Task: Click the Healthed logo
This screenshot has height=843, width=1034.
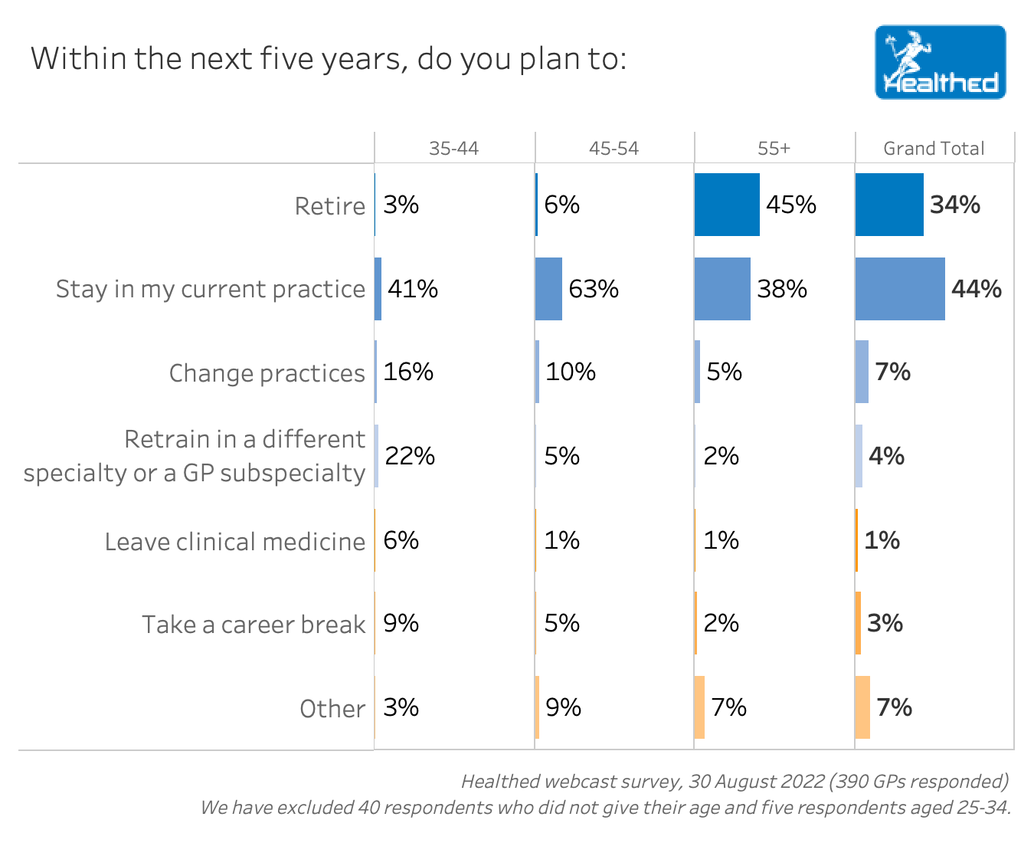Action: [x=940, y=63]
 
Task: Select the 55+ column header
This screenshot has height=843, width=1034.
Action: [x=774, y=149]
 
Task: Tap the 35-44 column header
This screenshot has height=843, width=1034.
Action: [x=453, y=149]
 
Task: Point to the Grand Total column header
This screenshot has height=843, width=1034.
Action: [x=934, y=149]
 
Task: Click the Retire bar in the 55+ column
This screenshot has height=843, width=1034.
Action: [x=727, y=205]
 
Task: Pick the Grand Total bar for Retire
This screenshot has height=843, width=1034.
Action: [x=888, y=205]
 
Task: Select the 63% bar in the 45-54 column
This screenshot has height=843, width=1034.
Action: [x=548, y=289]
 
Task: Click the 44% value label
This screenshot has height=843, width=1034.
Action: [x=977, y=289]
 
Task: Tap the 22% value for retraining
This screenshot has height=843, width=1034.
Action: [x=410, y=456]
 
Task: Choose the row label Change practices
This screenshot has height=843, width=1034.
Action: [x=267, y=373]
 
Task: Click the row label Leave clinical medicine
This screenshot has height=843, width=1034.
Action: [x=234, y=542]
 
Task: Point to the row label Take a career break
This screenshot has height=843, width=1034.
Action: [x=253, y=625]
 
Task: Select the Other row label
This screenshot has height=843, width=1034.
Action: [x=332, y=709]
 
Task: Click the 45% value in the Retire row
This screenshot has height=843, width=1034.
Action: [x=791, y=205]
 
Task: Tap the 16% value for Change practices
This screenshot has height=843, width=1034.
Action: [x=408, y=372]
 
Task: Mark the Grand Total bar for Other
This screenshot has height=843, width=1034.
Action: [x=862, y=707]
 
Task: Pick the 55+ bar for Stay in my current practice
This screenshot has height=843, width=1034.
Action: [x=722, y=289]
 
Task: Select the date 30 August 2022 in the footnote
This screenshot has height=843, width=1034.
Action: [x=754, y=782]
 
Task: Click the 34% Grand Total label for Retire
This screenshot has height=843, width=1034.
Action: [x=955, y=205]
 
